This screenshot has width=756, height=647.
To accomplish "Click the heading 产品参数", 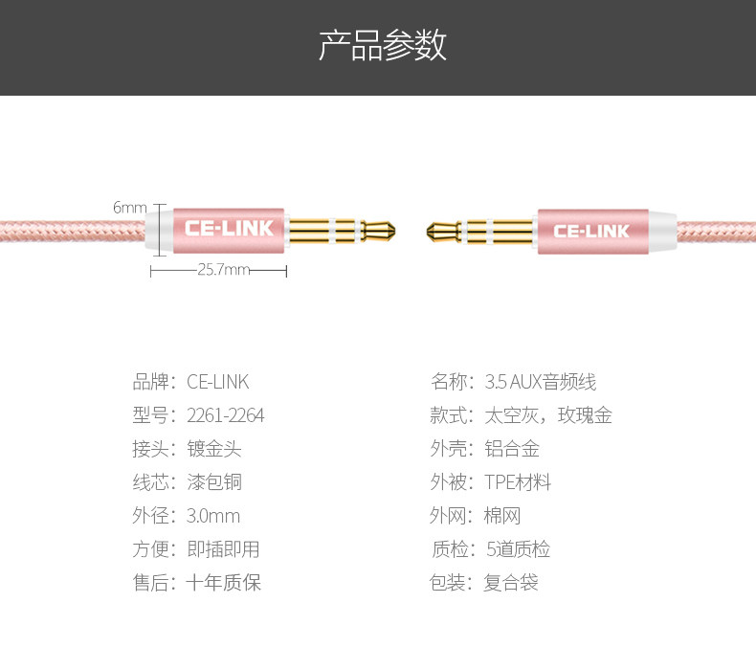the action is tap(382, 46).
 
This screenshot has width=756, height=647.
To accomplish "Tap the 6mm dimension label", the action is tap(130, 208).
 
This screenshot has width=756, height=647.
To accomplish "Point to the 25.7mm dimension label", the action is tap(223, 270).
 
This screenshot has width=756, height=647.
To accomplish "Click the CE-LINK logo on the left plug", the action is tap(229, 229).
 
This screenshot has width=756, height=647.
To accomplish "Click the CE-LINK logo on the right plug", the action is tap(591, 231).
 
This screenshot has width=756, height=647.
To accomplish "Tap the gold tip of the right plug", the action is tap(439, 230).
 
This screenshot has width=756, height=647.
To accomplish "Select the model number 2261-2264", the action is tap(225, 415).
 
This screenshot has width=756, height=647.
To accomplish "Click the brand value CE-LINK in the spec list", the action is tap(217, 382).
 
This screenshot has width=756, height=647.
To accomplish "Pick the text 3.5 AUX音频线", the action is tap(540, 382).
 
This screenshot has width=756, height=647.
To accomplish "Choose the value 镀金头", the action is tap(214, 449).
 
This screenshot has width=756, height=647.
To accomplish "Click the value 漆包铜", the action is tap(214, 482).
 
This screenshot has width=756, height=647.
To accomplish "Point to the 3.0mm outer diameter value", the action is tap(213, 516).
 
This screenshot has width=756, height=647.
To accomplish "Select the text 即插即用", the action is tap(223, 549).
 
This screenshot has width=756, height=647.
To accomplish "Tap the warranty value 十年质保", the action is tap(223, 583).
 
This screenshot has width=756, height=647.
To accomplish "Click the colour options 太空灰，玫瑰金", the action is tap(547, 415).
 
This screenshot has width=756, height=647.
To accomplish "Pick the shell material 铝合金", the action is tap(512, 449).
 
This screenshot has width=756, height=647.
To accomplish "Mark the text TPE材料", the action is tap(518, 482).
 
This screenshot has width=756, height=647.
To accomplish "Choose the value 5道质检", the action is tap(518, 549).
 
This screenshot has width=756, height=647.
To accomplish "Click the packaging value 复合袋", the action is tap(511, 583).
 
